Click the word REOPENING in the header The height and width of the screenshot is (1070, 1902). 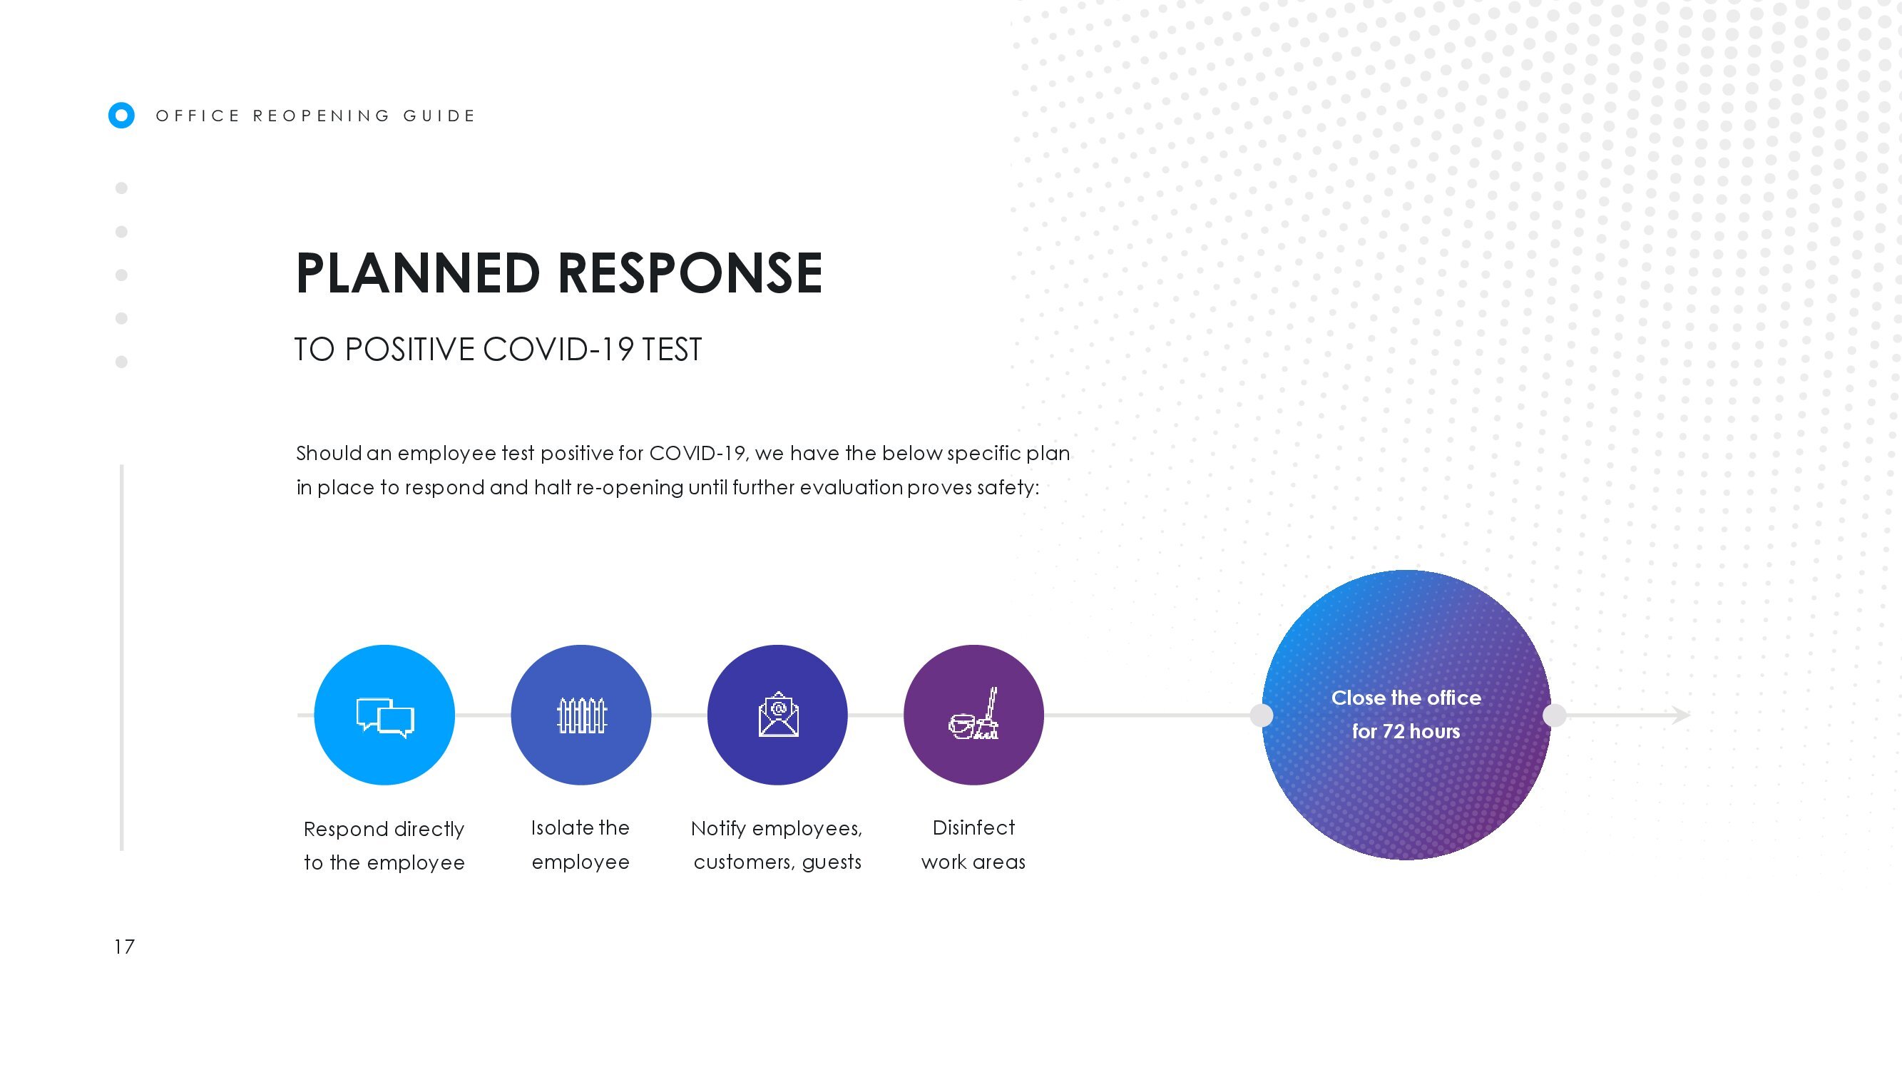321,116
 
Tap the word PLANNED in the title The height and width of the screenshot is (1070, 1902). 418,272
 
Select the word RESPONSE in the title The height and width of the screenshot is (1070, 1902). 690,272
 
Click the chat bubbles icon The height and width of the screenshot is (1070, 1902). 384,717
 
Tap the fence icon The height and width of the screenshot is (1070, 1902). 581,715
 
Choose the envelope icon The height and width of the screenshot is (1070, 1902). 778,714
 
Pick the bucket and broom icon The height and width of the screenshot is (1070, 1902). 974,713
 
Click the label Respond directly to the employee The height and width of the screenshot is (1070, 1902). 384,845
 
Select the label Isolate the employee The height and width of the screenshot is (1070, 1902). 581,845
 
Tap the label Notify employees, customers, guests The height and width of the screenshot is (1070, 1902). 777,845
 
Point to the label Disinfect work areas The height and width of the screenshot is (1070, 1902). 973,845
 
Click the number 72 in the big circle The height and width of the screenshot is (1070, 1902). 1393,731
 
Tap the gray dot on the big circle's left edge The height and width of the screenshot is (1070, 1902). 1261,715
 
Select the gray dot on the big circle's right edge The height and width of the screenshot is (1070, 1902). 1554,715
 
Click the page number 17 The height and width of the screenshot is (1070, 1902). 124,947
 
